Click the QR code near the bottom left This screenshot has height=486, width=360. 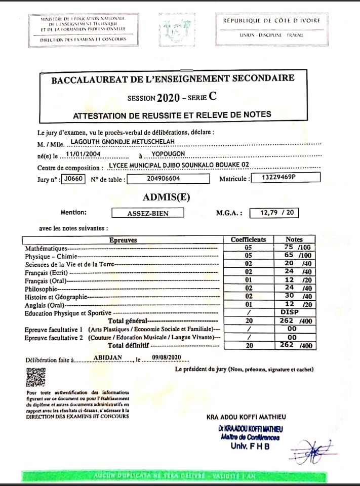pos(35,377)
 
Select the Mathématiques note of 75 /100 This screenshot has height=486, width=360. pos(294,248)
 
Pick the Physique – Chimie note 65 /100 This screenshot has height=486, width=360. pos(294,256)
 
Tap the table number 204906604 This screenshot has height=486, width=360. pos(164,179)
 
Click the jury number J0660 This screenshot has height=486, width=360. pos(73,179)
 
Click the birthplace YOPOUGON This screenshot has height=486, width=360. pos(168,154)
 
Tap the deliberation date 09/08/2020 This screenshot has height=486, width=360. pos(166,358)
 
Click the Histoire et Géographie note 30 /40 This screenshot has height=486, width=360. pos(294,296)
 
